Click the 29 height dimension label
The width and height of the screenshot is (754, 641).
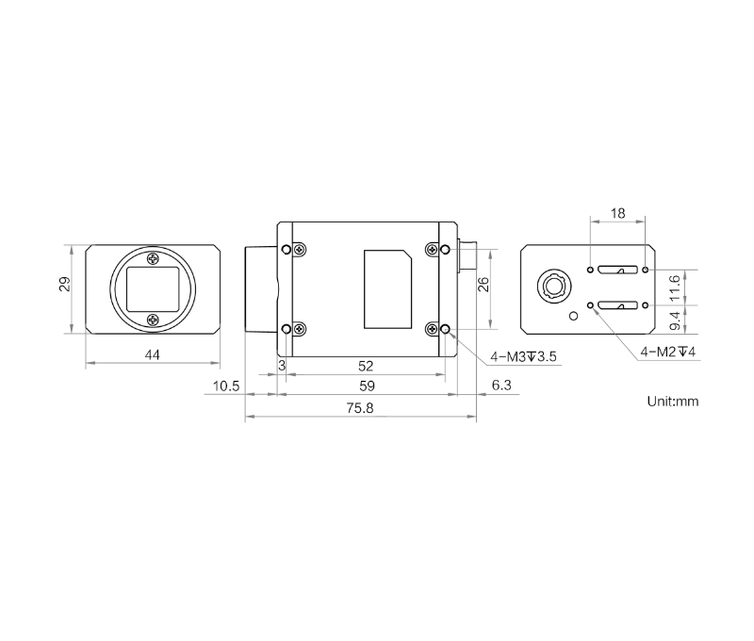click(65, 284)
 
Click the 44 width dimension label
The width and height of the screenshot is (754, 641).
click(153, 354)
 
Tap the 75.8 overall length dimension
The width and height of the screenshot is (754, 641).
click(360, 408)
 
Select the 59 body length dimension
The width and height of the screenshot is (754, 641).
click(367, 386)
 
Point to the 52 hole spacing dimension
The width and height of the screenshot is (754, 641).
click(366, 367)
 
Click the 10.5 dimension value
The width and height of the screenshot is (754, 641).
click(226, 386)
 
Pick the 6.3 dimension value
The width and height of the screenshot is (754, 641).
click(501, 386)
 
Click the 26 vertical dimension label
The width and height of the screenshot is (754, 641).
click(484, 284)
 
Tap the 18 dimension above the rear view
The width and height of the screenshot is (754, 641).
click(618, 213)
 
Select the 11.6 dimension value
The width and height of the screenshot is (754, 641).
click(675, 288)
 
